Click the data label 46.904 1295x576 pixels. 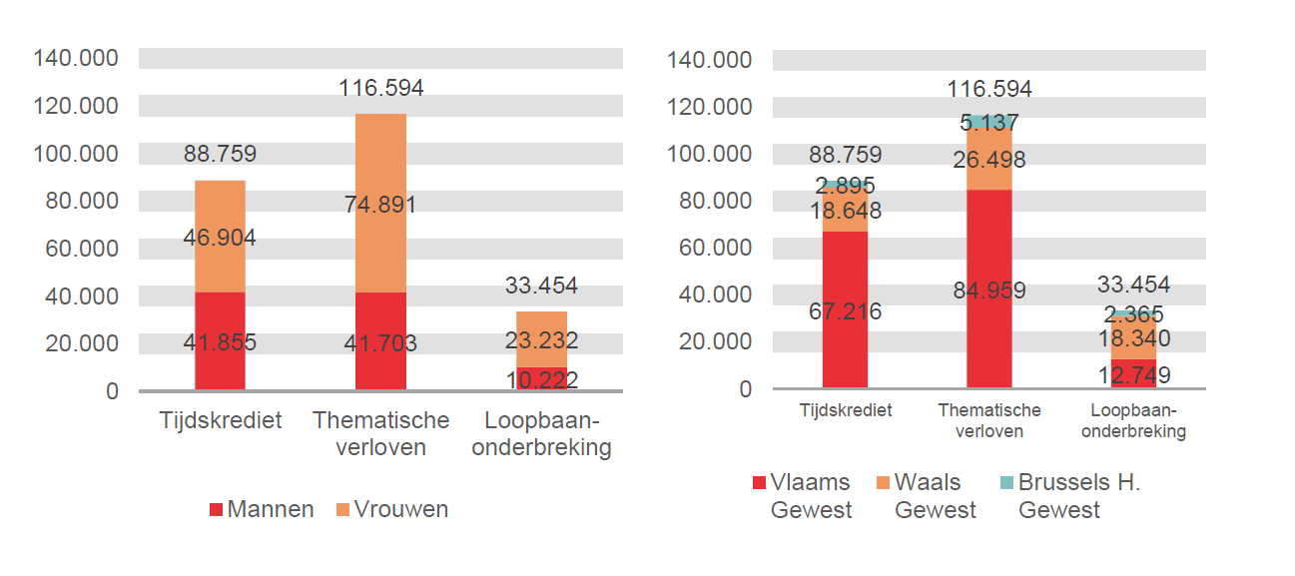click(x=220, y=238)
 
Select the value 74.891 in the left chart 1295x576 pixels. click(x=380, y=206)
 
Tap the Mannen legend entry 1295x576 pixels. click(x=262, y=509)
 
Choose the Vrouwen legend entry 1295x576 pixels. click(x=391, y=509)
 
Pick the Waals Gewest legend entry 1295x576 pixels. click(x=924, y=496)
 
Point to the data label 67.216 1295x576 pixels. click(x=845, y=311)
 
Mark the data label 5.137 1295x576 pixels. click(x=988, y=123)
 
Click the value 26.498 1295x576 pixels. click(x=988, y=160)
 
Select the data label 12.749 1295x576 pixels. click(x=1133, y=375)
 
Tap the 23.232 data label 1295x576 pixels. click(x=541, y=340)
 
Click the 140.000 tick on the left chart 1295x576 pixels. click(x=76, y=58)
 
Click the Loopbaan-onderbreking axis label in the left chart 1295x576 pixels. click(x=541, y=434)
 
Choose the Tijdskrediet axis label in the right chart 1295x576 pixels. click(x=845, y=410)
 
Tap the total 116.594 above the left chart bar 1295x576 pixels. click(x=380, y=88)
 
